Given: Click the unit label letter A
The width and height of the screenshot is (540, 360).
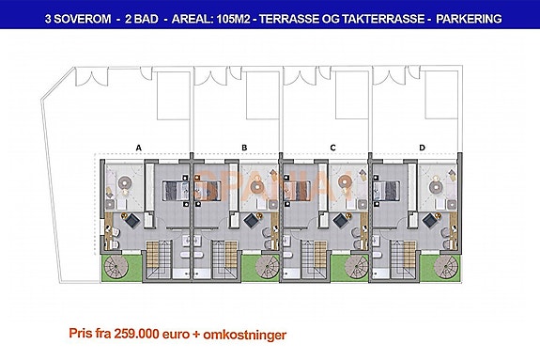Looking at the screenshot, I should [x=138, y=149].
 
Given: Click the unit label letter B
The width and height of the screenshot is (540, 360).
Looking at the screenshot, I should [x=243, y=149].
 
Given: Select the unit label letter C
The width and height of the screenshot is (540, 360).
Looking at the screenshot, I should [x=333, y=149].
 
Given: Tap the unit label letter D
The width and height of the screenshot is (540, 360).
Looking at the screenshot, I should [x=422, y=149].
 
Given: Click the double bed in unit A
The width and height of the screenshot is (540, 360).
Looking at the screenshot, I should [x=172, y=189].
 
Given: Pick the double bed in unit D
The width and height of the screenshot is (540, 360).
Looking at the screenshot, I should [x=389, y=189].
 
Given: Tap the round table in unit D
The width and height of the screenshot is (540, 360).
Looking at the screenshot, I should [x=439, y=184].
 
